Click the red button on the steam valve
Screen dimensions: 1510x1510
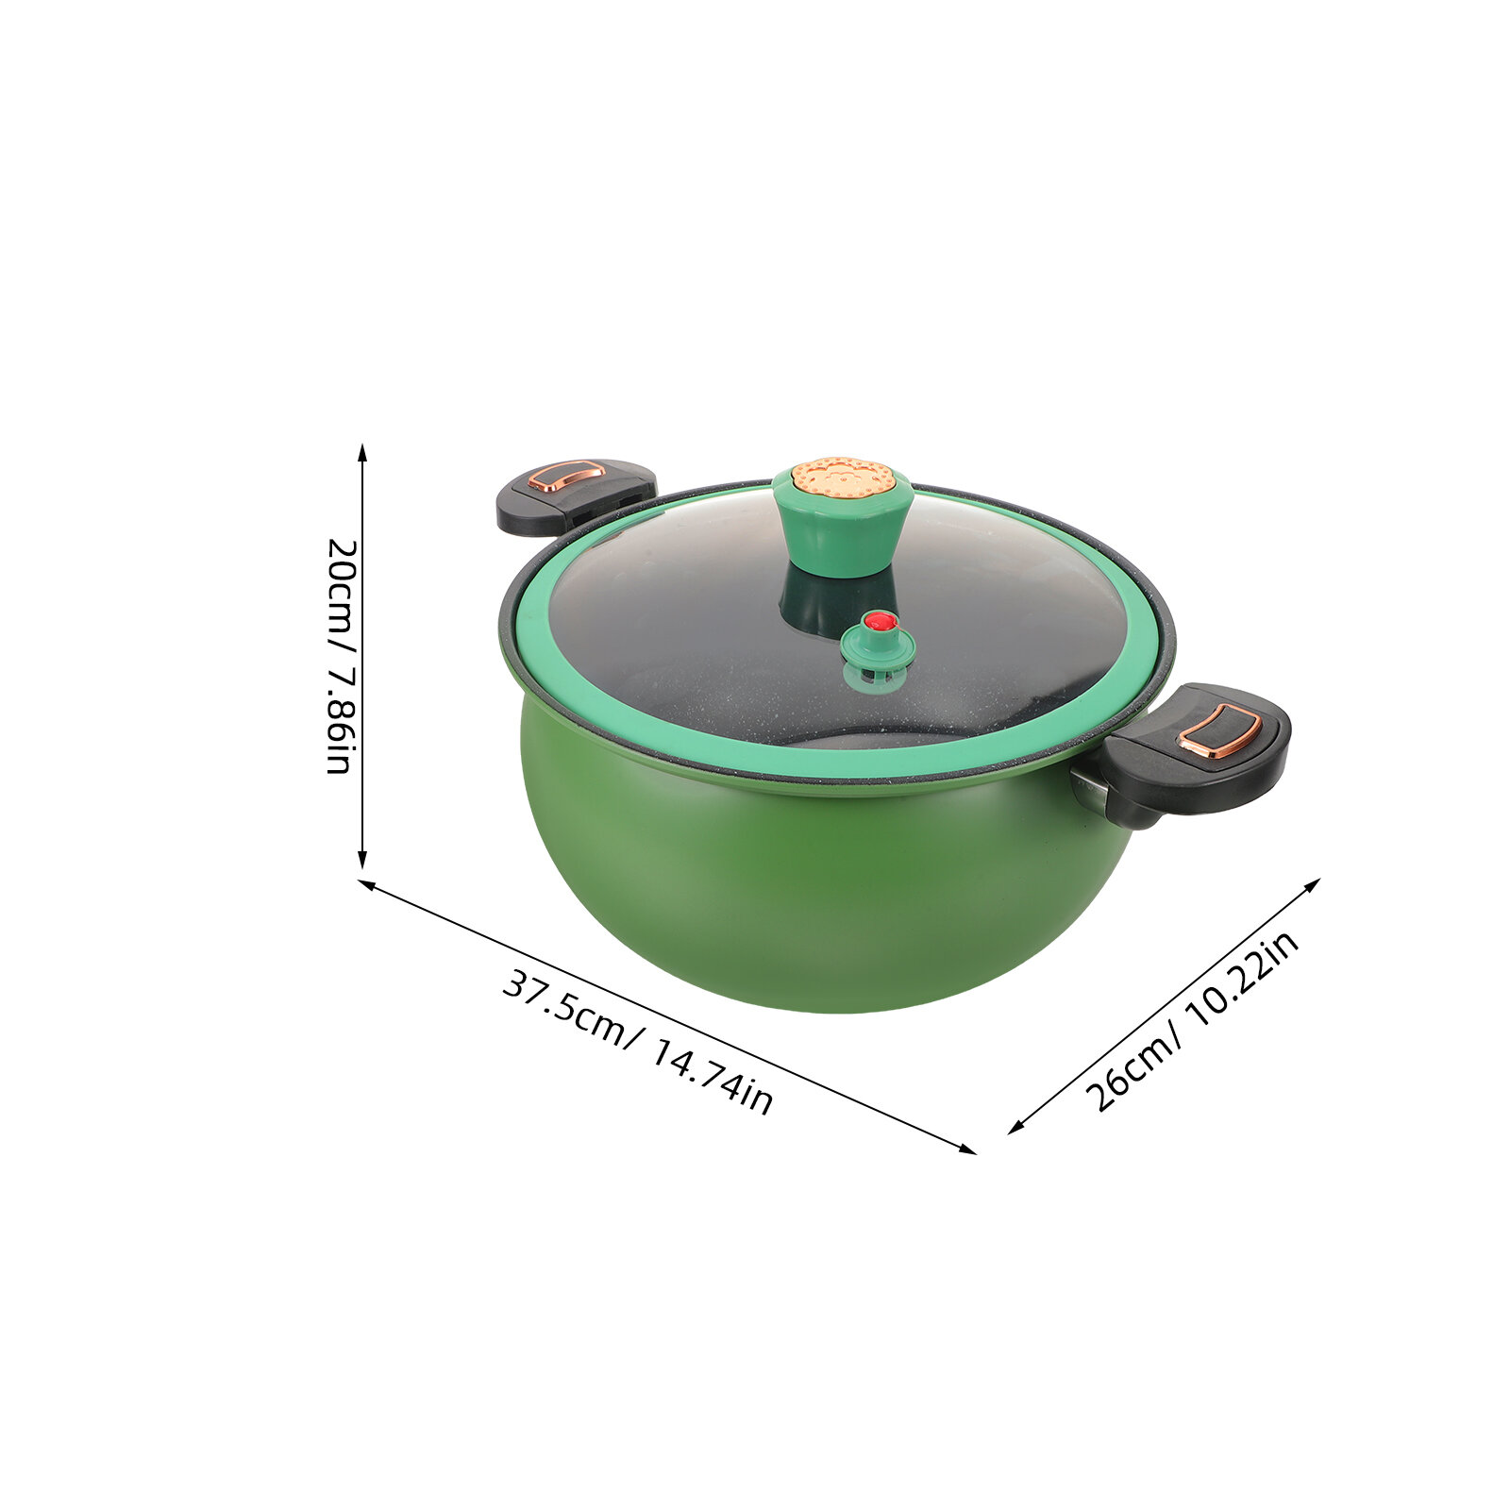point(881,621)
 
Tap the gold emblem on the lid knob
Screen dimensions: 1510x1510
point(843,477)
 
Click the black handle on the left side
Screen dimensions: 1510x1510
point(576,495)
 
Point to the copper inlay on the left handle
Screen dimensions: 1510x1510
point(566,475)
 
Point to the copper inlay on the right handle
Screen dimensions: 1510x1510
point(1220,730)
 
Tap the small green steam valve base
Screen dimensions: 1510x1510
point(879,651)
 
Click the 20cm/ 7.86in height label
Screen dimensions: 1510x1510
point(339,656)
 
